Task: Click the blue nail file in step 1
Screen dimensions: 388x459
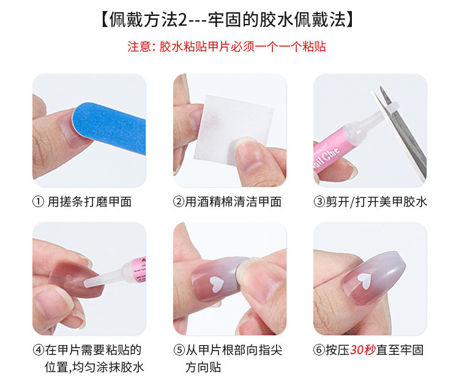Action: coord(110,127)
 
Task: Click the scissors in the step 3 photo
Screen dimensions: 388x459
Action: coord(407,132)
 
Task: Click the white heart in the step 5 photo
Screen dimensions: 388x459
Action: coord(214,283)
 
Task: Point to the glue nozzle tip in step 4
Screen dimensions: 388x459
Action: coord(88,284)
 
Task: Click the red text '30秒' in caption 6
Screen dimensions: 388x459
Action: coord(362,351)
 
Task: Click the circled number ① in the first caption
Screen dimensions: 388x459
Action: coord(38,202)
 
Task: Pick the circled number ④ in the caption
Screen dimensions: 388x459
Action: coord(38,351)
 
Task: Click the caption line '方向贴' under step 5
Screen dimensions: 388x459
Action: coord(203,368)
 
